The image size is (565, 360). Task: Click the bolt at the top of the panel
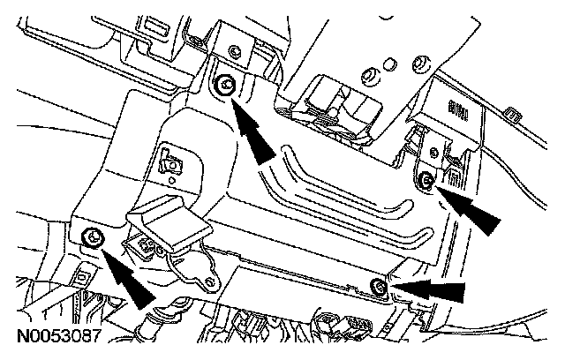[x=225, y=86]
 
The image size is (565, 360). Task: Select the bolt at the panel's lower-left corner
[x=90, y=236]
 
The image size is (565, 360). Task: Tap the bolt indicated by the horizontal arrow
[x=378, y=284]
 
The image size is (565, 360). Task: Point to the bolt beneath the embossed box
[x=426, y=181]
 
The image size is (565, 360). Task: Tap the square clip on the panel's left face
[x=169, y=160]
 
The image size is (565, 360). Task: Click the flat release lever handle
[x=168, y=221]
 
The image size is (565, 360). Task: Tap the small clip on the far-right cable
[x=513, y=114]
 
